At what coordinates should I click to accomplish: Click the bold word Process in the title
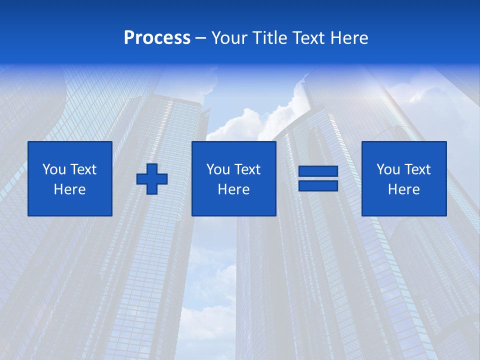(x=157, y=38)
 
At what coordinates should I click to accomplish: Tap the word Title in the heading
(x=268, y=38)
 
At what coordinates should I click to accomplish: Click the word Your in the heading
(x=229, y=38)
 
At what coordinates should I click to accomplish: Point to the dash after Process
(x=201, y=38)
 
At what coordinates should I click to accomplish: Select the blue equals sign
(x=318, y=178)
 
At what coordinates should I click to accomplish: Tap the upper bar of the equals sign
(x=318, y=171)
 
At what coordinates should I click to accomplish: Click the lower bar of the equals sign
(x=318, y=185)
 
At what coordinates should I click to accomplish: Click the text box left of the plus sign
(x=70, y=178)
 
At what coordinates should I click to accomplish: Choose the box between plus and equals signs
(x=233, y=178)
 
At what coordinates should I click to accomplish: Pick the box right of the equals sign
(x=403, y=178)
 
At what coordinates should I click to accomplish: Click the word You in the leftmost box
(x=53, y=169)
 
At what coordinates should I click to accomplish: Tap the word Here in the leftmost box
(x=70, y=189)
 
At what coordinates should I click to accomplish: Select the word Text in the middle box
(x=246, y=169)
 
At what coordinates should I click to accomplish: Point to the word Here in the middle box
(x=233, y=189)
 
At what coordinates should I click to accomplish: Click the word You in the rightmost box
(x=387, y=169)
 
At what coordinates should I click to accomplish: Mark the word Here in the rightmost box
(x=403, y=189)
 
